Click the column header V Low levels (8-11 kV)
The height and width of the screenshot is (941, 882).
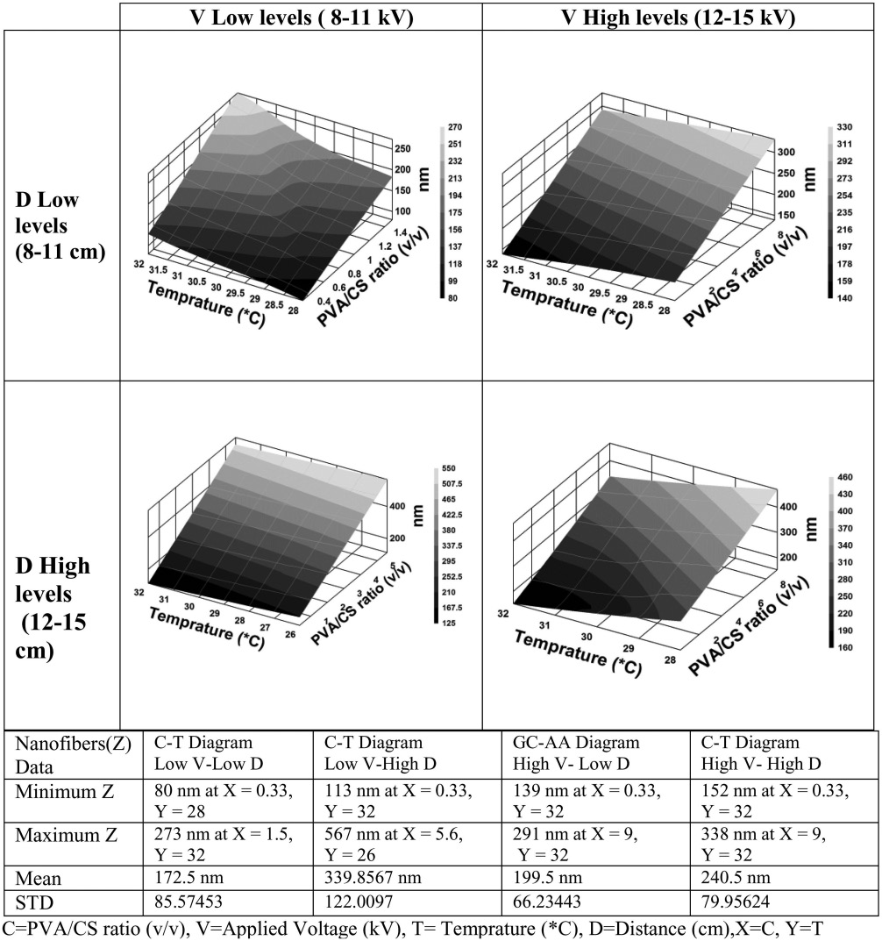301,18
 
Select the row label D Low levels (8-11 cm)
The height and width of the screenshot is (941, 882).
59,226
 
